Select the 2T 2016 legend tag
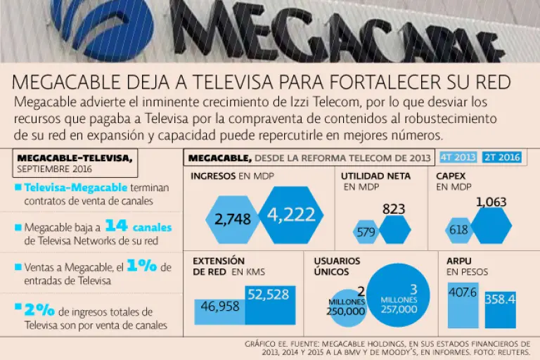pos(502,157)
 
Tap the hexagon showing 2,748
pos(233,219)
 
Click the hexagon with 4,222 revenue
pos(291,215)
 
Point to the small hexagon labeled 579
pos(366,230)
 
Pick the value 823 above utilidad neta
pos(394,209)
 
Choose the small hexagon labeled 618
pos(458,230)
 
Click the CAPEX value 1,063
pos(491,203)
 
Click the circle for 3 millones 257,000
pos(399,295)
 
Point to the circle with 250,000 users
pos(346,307)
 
